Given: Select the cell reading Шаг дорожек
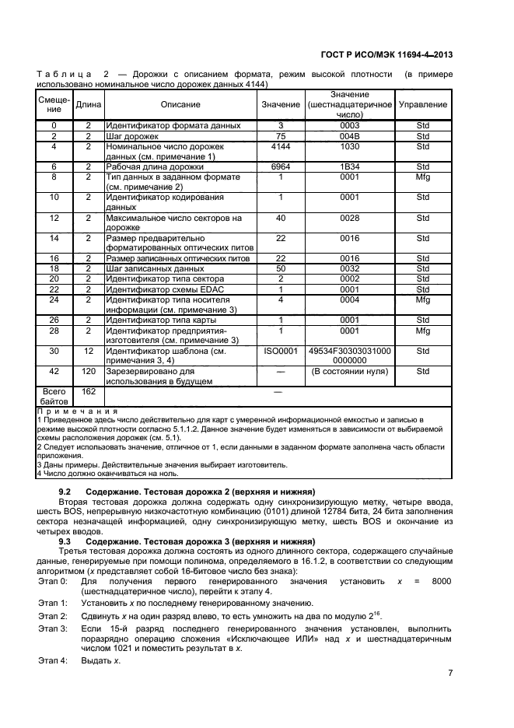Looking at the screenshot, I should [x=132, y=136].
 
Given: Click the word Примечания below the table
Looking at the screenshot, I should [x=76, y=411].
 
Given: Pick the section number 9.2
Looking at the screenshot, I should [x=65, y=492].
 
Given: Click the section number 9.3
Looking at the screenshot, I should [x=65, y=541].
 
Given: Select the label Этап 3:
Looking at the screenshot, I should [x=53, y=627].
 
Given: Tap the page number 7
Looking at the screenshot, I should [x=450, y=674].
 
